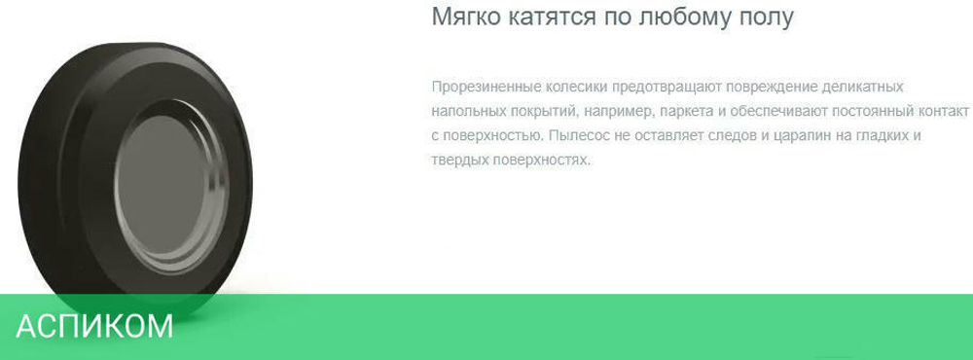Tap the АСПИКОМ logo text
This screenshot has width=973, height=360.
[94, 326]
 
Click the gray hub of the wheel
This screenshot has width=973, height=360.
[162, 185]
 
